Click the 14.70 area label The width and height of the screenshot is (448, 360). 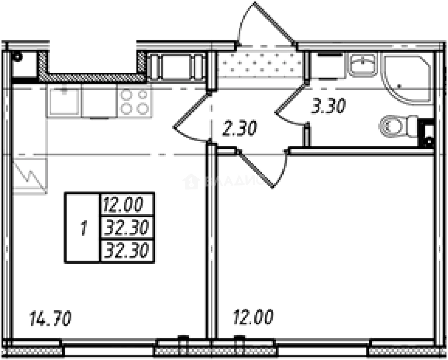click(x=50, y=318)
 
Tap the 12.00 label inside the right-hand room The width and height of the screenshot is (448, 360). click(x=253, y=317)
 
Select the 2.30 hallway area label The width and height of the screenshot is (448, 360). click(x=239, y=128)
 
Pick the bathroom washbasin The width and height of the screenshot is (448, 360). click(x=362, y=64)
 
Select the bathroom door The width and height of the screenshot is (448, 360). click(x=291, y=104)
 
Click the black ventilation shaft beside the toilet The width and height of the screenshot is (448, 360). click(x=427, y=132)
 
